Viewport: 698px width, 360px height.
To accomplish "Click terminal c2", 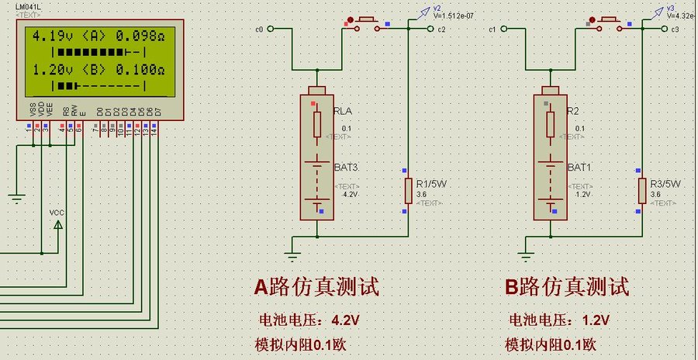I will coord(441,29).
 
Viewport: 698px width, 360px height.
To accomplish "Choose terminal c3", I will coord(674,29).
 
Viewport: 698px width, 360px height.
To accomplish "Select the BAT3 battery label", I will coord(347,168).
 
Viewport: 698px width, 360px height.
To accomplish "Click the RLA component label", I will coord(342,112).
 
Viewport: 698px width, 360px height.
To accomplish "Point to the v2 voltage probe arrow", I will coord(424,11).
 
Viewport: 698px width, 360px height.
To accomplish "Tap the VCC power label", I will coord(57,212).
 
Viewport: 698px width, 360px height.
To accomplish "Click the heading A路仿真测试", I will coord(316,287).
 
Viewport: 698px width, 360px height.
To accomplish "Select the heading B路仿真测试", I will coord(567,287).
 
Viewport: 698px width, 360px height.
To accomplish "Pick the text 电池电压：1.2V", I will coord(558,320).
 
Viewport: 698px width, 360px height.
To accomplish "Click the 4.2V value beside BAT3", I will coord(349,196).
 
